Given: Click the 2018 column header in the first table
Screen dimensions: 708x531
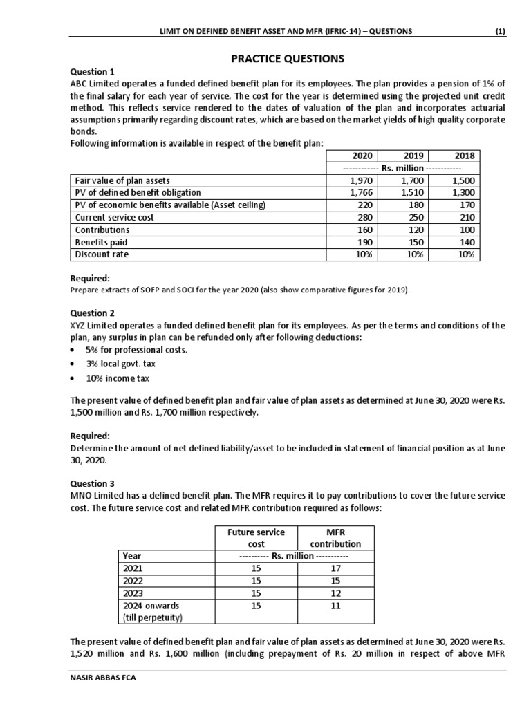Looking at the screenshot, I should click(462, 156).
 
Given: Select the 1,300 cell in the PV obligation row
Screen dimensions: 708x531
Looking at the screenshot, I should click(462, 192).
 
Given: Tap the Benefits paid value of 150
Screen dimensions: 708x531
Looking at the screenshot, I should click(411, 242).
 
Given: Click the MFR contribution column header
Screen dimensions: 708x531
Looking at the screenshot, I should click(335, 537).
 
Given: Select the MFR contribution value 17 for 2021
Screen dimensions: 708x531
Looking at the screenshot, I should click(335, 568).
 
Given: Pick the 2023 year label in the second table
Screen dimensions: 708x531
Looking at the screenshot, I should click(132, 593).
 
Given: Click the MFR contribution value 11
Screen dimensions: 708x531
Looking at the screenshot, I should click(335, 605).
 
